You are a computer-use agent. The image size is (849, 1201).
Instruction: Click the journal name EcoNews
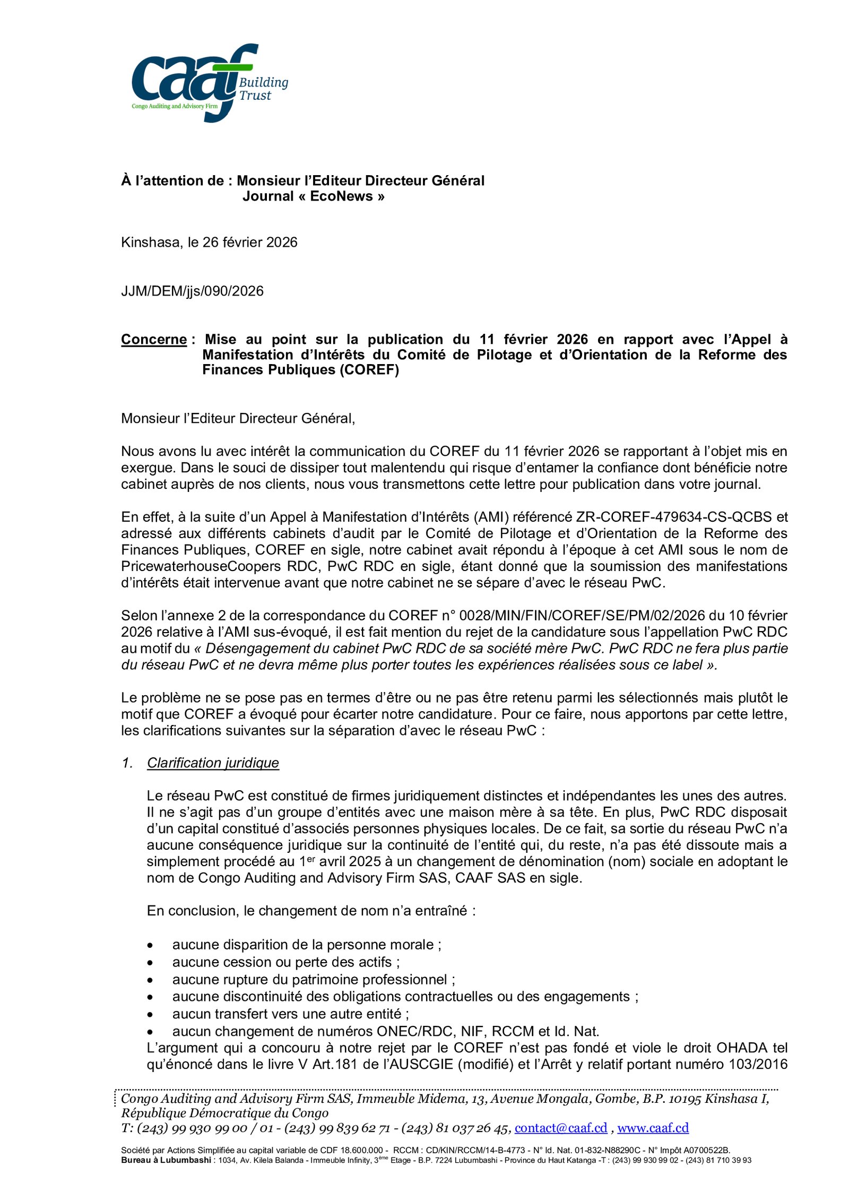click(341, 196)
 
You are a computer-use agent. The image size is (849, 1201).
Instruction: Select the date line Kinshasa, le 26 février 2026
click(209, 243)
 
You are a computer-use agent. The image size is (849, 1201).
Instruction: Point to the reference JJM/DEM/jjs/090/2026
click(192, 291)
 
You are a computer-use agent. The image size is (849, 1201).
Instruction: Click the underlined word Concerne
click(154, 340)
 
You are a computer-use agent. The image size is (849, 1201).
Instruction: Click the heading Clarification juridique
click(213, 763)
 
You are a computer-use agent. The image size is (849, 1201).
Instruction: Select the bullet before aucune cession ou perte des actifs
click(151, 963)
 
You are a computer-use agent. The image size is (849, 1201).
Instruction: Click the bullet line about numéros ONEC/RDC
click(385, 1031)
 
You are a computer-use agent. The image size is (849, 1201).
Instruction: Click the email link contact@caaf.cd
click(560, 1128)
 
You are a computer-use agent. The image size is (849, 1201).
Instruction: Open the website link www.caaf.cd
click(653, 1128)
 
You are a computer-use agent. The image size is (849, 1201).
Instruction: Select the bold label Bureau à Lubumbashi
click(166, 1160)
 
